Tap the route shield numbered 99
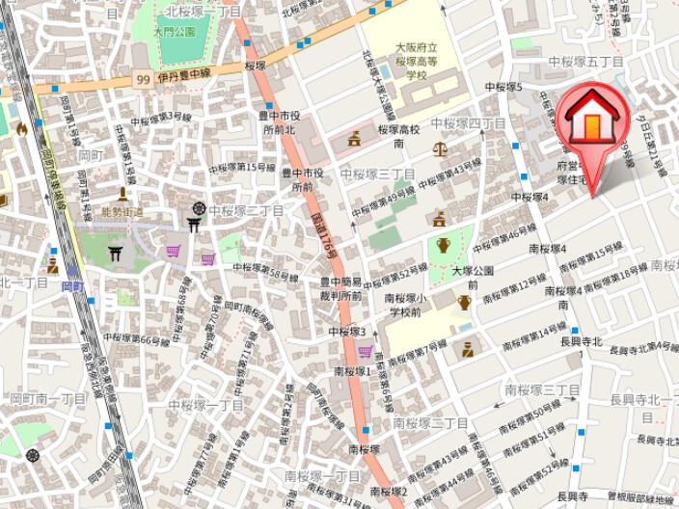143,79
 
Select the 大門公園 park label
175,31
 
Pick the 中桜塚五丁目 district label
585,62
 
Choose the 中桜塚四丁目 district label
468,123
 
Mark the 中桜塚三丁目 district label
377,174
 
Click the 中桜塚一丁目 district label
205,405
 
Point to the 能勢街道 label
122,212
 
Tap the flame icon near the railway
21,128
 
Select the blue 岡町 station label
72,286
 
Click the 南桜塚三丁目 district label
542,389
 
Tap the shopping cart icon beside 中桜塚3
365,352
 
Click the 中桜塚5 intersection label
502,87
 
